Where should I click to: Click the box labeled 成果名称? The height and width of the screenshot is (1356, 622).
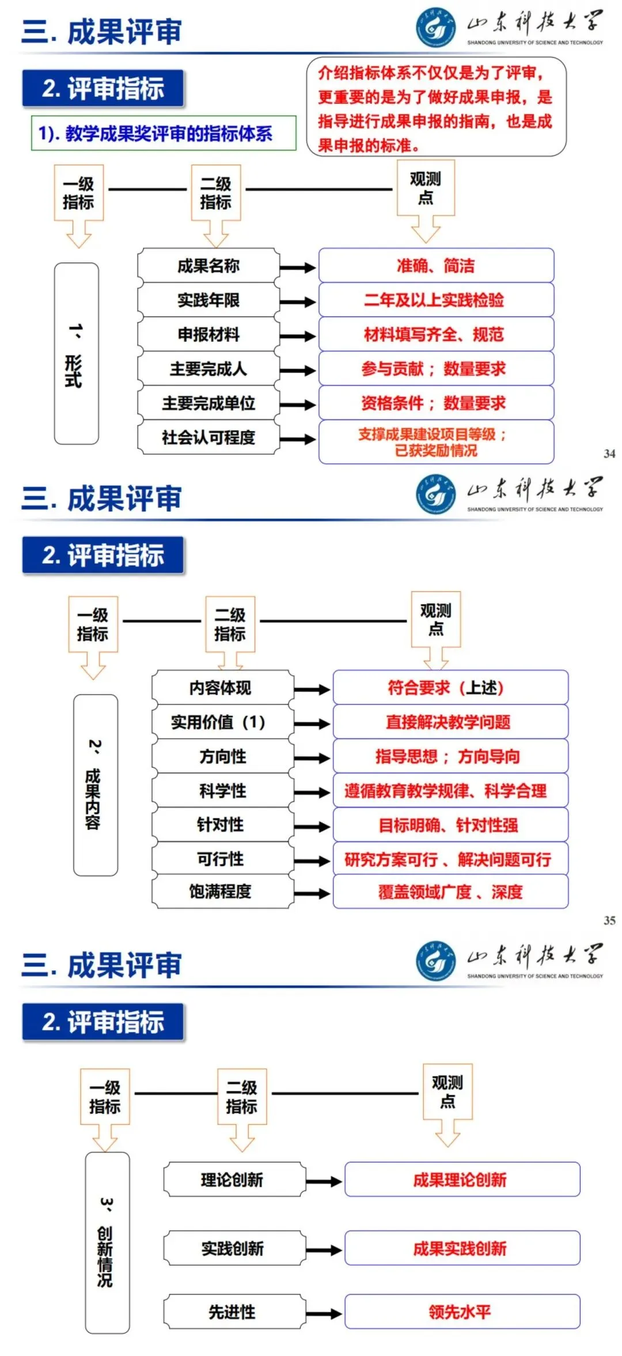pyautogui.click(x=208, y=266)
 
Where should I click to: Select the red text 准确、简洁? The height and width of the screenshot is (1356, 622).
pyautogui.click(x=435, y=266)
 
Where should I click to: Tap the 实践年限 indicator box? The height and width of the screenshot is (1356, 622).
pyautogui.click(x=208, y=300)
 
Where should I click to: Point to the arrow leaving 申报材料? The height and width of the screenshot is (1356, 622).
pyautogui.click(x=298, y=336)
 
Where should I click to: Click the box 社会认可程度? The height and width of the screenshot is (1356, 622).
pyautogui.click(x=208, y=437)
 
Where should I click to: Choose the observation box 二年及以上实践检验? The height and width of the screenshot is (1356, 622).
pyautogui.click(x=435, y=300)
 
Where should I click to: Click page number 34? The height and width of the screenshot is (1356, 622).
pyautogui.click(x=609, y=454)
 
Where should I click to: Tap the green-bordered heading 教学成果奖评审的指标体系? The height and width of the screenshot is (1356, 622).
pyautogui.click(x=164, y=134)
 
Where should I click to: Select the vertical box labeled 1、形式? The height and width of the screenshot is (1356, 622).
pyautogui.click(x=76, y=353)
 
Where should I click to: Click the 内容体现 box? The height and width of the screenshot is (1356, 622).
pyautogui.click(x=222, y=688)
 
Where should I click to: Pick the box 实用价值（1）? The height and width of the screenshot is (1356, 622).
pyautogui.click(x=222, y=722)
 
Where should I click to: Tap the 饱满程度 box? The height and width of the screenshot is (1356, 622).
pyautogui.click(x=222, y=892)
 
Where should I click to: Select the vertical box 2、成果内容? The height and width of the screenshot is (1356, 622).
pyautogui.click(x=95, y=785)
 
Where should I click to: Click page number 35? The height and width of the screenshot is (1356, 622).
pyautogui.click(x=609, y=920)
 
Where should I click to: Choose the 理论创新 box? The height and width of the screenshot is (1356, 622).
pyautogui.click(x=233, y=1180)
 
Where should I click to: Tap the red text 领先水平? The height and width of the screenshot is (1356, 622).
pyautogui.click(x=460, y=1312)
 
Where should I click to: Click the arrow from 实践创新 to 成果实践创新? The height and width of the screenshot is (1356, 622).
pyautogui.click(x=324, y=1250)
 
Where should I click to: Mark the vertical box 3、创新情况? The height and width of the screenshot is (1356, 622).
pyautogui.click(x=107, y=1243)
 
